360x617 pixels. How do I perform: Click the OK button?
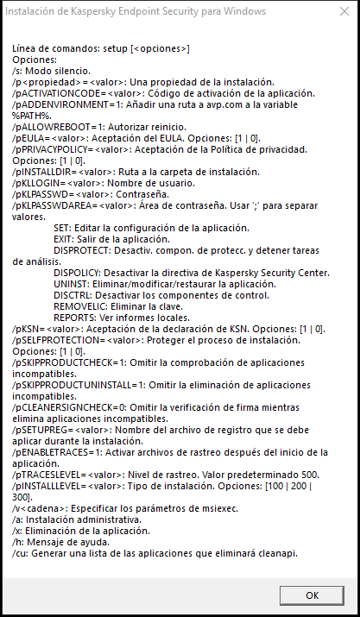tap(312, 595)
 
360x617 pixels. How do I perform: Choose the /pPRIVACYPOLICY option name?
tap(49, 148)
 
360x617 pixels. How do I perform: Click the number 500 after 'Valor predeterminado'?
tap(308, 475)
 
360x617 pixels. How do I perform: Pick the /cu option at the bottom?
tap(18, 553)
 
